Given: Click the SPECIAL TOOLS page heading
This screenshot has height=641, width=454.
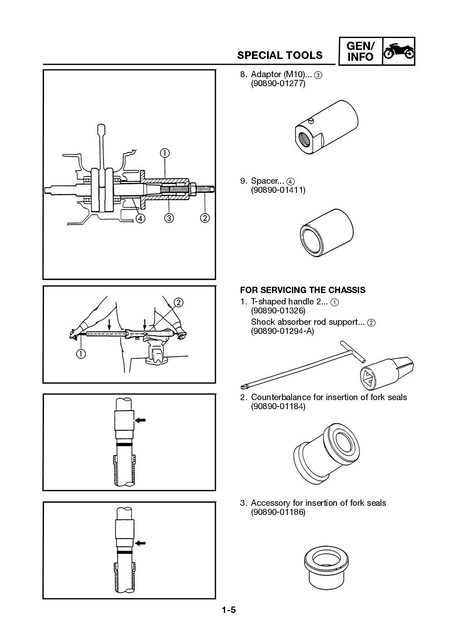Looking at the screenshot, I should coord(280,55).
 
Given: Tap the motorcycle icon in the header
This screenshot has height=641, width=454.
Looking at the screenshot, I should coord(398,52).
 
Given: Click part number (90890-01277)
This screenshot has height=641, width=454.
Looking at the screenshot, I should coord(278,84).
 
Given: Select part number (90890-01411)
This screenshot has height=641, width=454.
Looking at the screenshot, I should coord(278,190).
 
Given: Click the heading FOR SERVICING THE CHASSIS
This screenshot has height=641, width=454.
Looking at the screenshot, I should coord(302,290).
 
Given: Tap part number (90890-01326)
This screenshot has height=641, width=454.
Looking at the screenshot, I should coord(278,311).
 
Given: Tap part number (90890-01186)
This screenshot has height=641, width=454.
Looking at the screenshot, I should coord(278,512).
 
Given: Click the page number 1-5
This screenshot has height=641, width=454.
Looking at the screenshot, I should coord(228,610).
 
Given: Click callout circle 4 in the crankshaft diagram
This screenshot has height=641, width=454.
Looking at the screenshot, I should coord(140,218).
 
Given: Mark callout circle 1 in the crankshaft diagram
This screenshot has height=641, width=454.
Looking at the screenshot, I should coord(164,153).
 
